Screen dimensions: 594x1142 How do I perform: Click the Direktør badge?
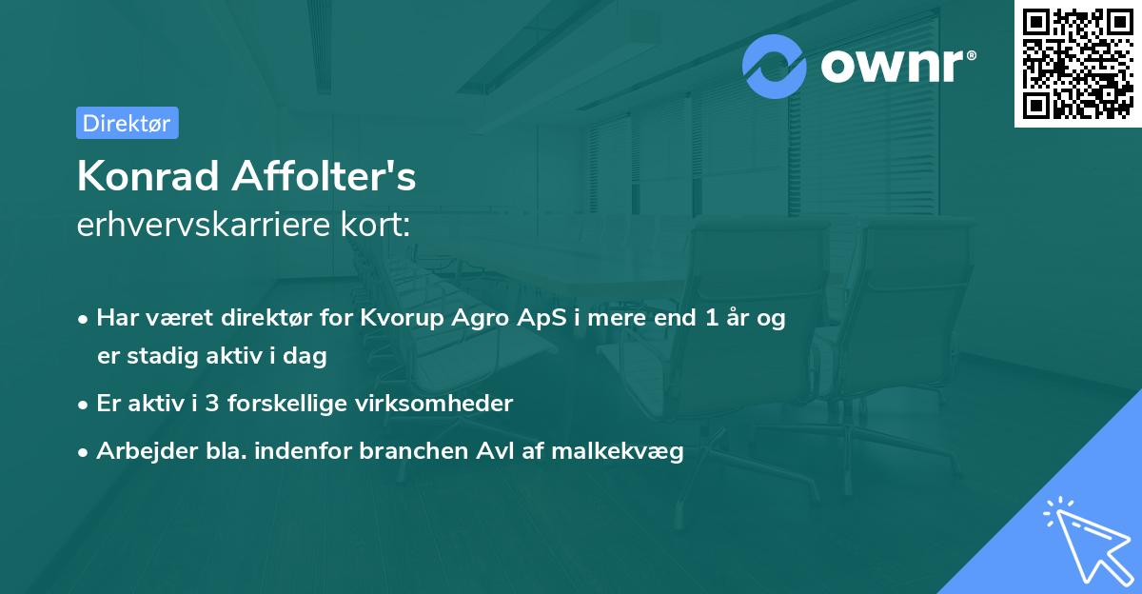click(127, 123)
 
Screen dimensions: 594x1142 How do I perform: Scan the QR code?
click(1078, 63)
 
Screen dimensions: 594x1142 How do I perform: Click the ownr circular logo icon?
click(776, 66)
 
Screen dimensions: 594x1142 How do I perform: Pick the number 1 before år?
click(712, 319)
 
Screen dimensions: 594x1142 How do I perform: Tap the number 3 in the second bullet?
click(213, 404)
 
